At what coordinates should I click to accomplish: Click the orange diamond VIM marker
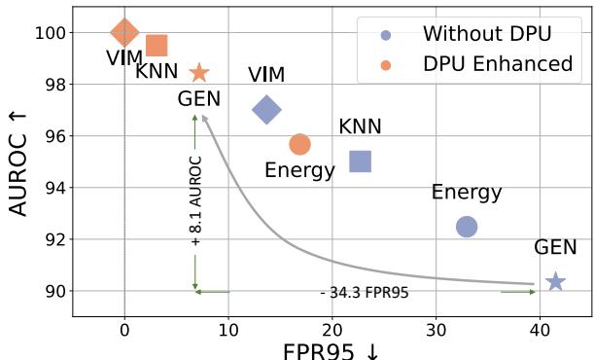click(124, 32)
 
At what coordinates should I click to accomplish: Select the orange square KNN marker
click(156, 45)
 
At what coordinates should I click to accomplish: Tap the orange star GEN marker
click(199, 72)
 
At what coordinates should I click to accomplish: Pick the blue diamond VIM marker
click(266, 110)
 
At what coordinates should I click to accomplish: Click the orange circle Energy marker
click(299, 144)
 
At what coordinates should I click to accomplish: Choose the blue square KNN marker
click(361, 162)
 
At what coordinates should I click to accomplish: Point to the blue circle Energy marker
click(467, 227)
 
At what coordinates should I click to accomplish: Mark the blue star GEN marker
click(555, 281)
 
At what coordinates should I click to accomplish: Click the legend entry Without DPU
click(486, 34)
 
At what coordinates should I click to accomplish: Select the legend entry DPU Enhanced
click(497, 64)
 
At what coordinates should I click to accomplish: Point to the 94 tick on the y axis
click(54, 188)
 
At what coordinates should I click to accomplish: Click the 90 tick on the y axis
click(54, 291)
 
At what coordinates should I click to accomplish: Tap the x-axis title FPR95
click(331, 351)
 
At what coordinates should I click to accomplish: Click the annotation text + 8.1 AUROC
click(195, 200)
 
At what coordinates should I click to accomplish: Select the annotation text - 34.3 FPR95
click(365, 292)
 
